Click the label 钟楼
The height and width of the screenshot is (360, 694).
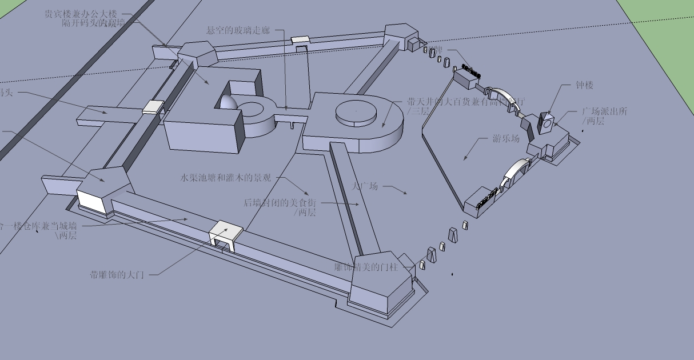[x=584, y=85]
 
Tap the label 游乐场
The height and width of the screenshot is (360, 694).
[x=506, y=139]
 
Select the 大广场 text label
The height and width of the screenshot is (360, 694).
[x=365, y=186]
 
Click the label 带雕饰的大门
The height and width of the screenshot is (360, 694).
[x=117, y=275]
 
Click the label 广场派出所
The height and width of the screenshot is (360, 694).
[x=604, y=111]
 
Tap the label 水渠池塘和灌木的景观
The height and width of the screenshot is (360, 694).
[x=225, y=178]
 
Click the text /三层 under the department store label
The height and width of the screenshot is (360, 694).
[x=417, y=111]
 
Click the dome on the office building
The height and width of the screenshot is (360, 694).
[x=226, y=102]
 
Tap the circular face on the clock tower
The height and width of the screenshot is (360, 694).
[x=547, y=122]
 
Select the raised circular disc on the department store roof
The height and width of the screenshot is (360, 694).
[x=356, y=111]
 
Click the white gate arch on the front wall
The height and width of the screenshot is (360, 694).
[x=226, y=234]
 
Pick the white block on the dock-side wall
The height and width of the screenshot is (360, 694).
[x=153, y=107]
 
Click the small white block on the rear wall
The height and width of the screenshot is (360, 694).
[x=300, y=40]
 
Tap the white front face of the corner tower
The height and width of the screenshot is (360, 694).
[x=91, y=202]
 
